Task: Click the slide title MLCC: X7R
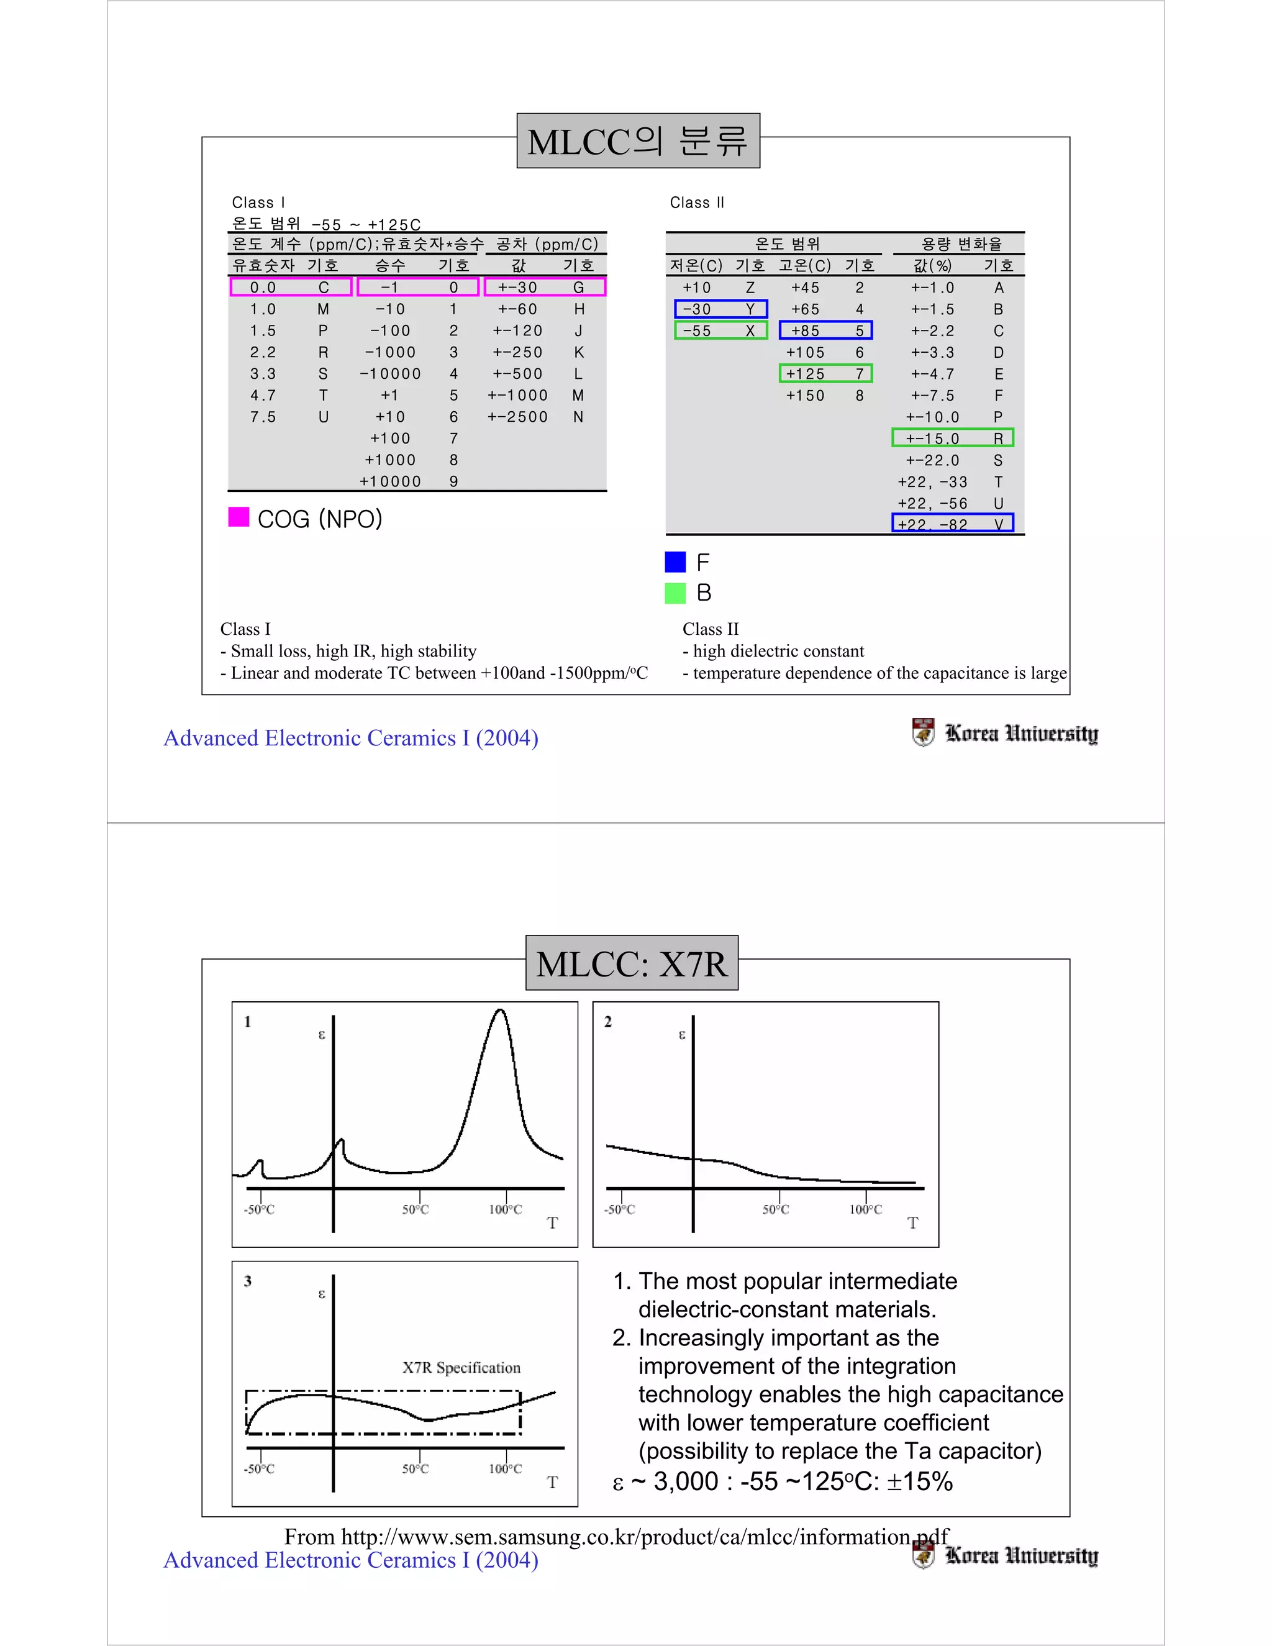click(632, 964)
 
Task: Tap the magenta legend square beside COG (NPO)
click(239, 517)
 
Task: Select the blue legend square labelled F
click(675, 562)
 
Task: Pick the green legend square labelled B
click(675, 593)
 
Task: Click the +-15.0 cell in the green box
click(933, 439)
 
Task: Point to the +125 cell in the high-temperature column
click(805, 374)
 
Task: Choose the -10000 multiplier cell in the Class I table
click(390, 374)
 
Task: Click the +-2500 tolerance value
click(518, 417)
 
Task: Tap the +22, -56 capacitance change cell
click(933, 502)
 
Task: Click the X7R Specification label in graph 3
click(461, 1367)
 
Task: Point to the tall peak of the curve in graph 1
click(499, 1012)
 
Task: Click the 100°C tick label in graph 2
click(865, 1209)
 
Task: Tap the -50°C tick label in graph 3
click(259, 1469)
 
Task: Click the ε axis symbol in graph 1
click(322, 1035)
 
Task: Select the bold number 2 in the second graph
click(608, 1022)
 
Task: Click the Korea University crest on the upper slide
click(923, 732)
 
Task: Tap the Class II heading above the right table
click(697, 202)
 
